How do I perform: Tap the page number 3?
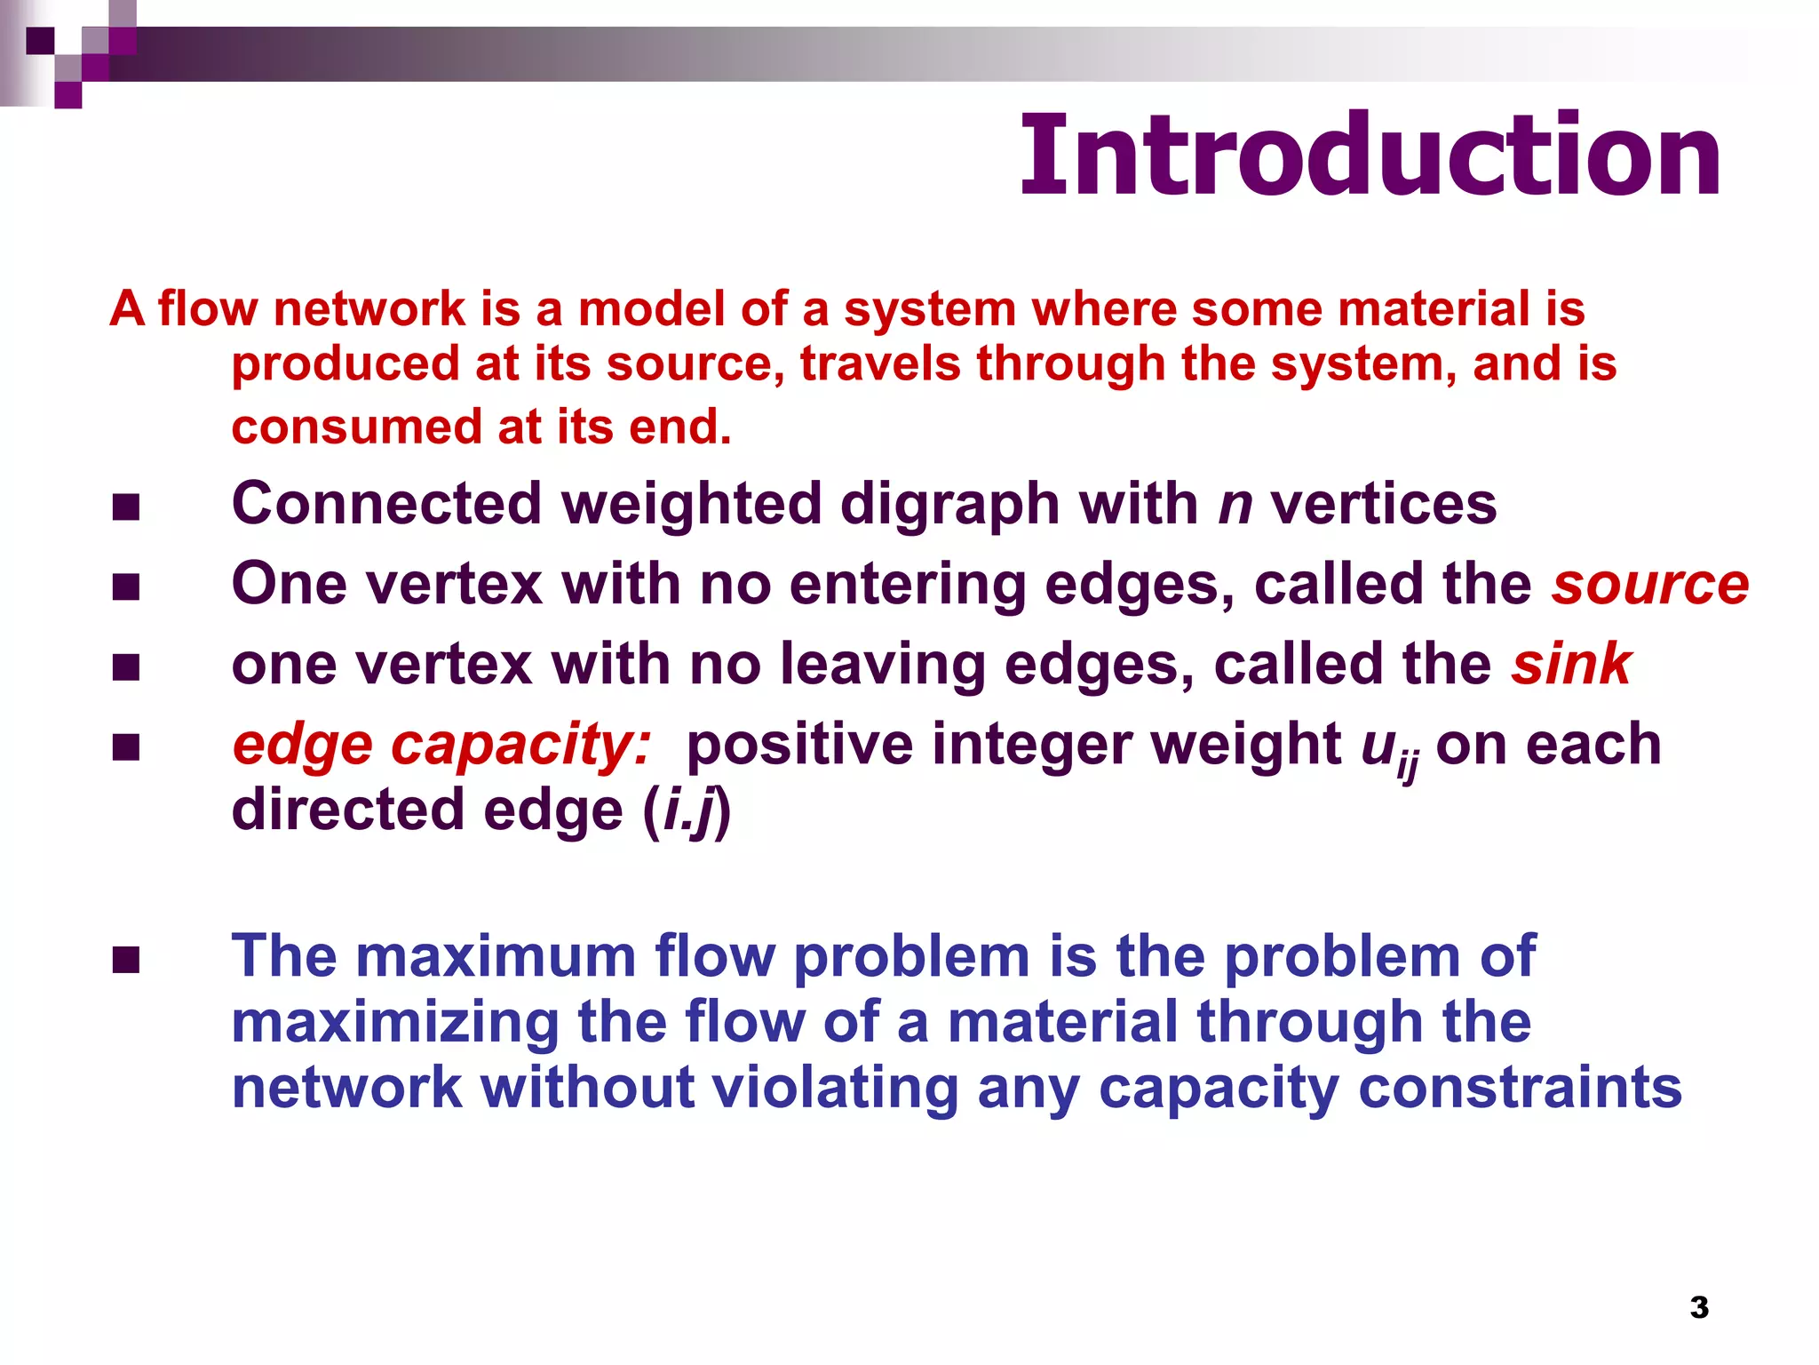[x=1698, y=1307]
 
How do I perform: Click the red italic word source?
[x=1649, y=585]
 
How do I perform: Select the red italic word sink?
[x=1571, y=665]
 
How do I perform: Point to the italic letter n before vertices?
[x=1235, y=505]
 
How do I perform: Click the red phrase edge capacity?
[x=441, y=745]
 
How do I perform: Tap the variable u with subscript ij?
[x=1388, y=749]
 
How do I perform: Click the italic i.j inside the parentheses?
[x=688, y=810]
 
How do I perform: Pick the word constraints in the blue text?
[x=1520, y=1088]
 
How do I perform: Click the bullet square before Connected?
[x=126, y=507]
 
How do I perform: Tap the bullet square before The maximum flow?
[x=126, y=961]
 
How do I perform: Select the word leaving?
[x=883, y=665]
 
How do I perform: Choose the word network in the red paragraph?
[x=369, y=309]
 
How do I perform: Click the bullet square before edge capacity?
[x=126, y=747]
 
